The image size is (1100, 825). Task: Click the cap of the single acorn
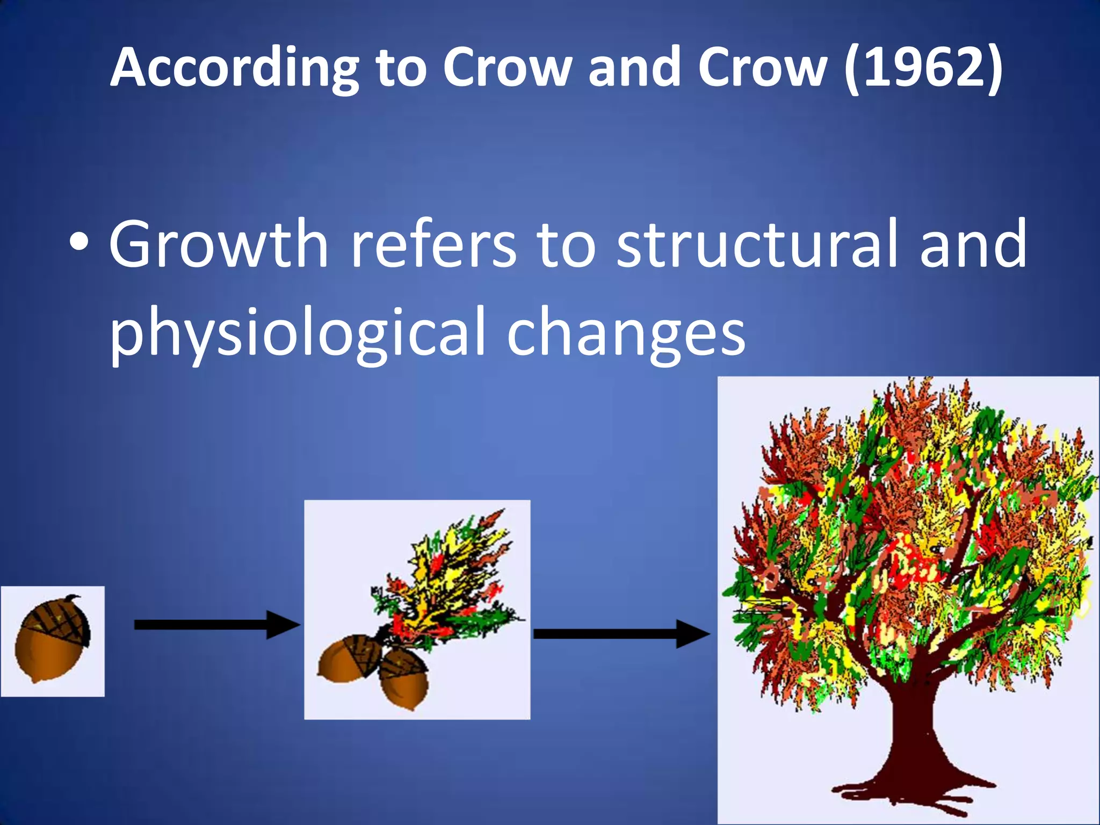(x=56, y=618)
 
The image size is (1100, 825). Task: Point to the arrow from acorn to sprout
(x=215, y=625)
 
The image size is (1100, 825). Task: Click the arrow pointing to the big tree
(x=620, y=634)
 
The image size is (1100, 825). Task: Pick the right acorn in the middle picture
(x=404, y=678)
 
